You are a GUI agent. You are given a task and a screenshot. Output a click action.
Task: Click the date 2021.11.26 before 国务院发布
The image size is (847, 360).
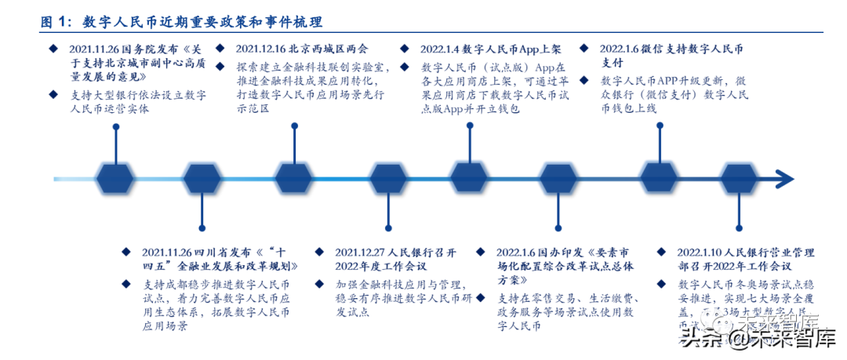tap(94, 49)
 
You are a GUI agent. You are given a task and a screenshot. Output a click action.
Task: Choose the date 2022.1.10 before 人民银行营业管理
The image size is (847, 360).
tap(704, 252)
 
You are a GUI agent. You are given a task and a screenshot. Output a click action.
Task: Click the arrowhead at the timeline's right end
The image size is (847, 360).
tap(785, 180)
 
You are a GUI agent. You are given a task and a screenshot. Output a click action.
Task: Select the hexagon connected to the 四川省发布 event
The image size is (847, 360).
tap(202, 180)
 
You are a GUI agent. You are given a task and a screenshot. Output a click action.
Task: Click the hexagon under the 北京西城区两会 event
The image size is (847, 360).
tap(294, 180)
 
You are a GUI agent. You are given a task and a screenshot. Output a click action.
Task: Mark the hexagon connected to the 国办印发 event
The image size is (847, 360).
tap(558, 180)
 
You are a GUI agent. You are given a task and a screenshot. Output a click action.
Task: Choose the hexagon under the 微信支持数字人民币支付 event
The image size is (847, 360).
tap(659, 180)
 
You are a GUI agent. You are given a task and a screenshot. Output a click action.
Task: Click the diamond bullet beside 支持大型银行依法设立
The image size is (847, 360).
tap(53, 94)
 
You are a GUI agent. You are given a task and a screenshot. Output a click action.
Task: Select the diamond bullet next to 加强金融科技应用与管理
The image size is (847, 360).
tap(319, 283)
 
